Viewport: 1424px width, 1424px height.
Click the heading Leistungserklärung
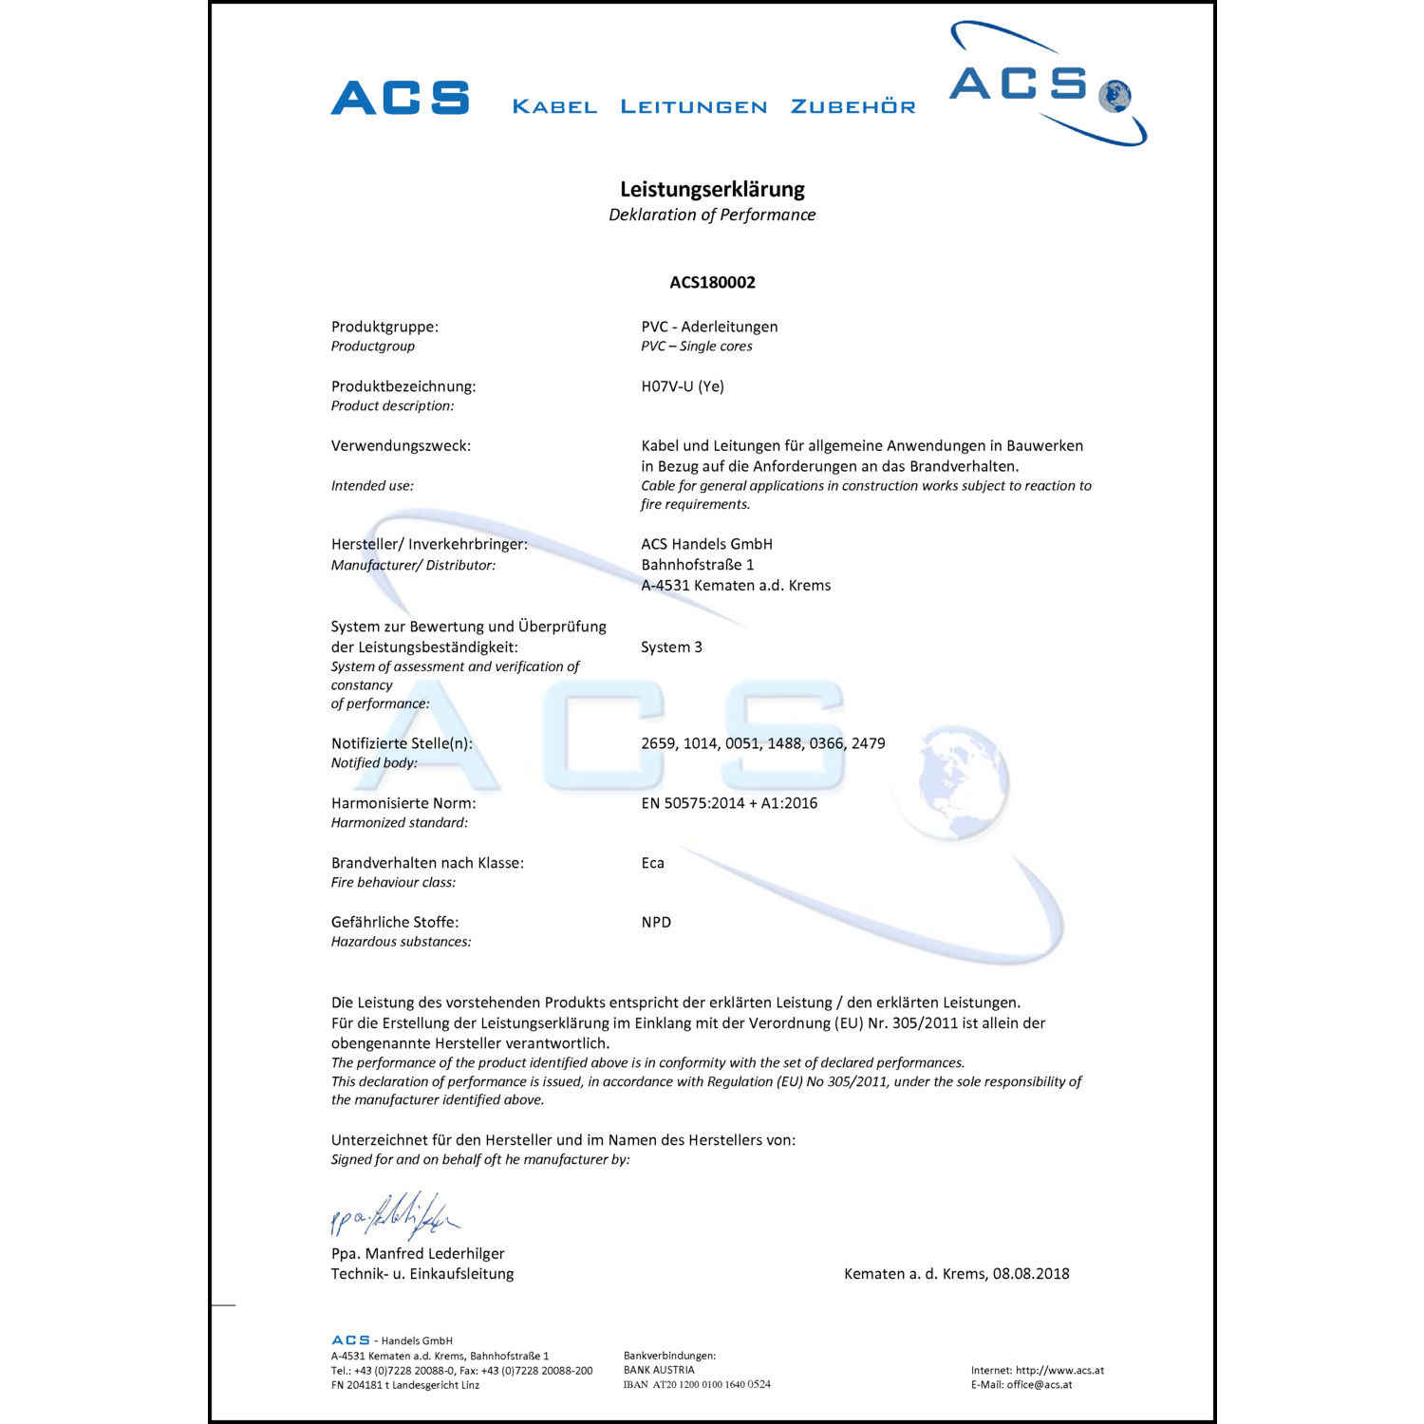tap(712, 189)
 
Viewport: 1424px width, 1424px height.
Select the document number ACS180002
tap(712, 282)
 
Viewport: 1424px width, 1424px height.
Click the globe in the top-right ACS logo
tap(1115, 96)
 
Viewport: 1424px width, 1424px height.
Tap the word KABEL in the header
tap(554, 106)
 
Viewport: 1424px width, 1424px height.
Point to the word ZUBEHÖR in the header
tap(853, 106)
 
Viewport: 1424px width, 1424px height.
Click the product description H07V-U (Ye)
tap(683, 386)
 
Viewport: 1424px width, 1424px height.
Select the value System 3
tap(671, 647)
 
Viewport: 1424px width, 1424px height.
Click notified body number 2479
tap(868, 743)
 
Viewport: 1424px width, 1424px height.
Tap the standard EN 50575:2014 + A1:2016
tap(729, 803)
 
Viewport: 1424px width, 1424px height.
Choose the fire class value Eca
tap(652, 863)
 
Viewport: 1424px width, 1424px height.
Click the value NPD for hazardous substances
tap(656, 923)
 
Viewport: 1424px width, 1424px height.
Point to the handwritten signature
tap(394, 1215)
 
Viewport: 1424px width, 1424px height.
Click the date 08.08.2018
tap(1031, 1274)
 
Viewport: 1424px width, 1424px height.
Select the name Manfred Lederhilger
tap(435, 1254)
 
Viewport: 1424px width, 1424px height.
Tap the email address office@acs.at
tap(1040, 1385)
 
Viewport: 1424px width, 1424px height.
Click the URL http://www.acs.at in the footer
tap(1059, 1371)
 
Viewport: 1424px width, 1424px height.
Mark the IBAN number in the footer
tap(711, 1385)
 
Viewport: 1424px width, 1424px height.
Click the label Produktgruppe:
tap(384, 327)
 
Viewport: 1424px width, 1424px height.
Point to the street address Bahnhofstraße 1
tap(698, 565)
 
